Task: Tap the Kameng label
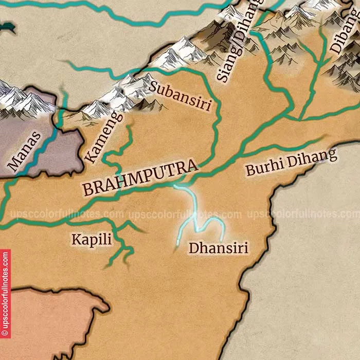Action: point(104,137)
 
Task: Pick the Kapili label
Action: point(92,239)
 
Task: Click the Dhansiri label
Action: point(218,248)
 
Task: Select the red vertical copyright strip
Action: point(5,293)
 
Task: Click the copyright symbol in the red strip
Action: point(5,333)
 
